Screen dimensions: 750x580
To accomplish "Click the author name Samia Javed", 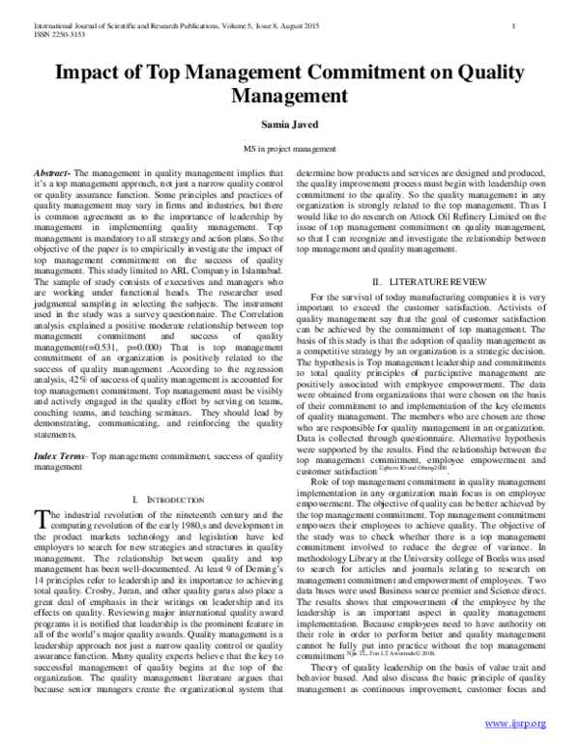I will [x=290, y=125].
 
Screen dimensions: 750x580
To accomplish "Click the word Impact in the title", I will [x=93, y=72].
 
